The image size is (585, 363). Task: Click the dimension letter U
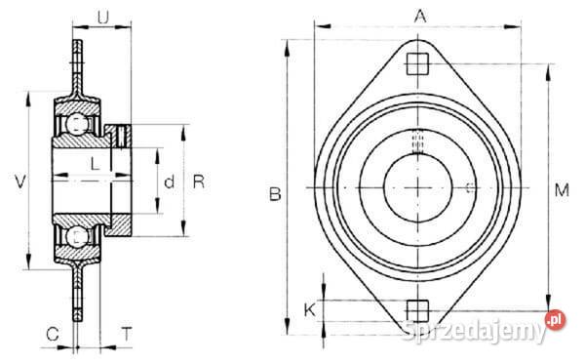pos(103,18)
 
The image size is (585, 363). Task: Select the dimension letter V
pos(20,181)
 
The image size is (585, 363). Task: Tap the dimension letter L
pos(96,164)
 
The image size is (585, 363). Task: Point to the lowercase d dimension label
pos(169,182)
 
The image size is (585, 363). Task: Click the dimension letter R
pos(199,181)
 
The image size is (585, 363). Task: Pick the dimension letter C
pos(53,334)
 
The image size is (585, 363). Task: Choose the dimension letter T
pos(127,334)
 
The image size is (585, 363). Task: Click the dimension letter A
pos(420,17)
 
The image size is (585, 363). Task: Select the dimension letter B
pos(275,194)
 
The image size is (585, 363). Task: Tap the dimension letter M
pos(562,190)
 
